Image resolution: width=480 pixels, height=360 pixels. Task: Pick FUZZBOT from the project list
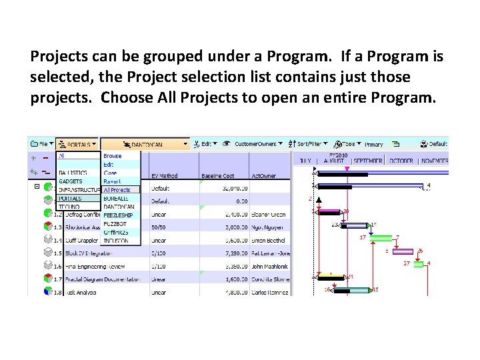click(115, 224)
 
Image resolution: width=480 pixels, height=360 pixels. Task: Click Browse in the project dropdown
click(113, 156)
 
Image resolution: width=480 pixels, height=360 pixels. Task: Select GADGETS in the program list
click(71, 181)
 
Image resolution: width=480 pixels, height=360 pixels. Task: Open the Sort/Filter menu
click(311, 143)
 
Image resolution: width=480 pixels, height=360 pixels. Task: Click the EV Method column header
click(164, 176)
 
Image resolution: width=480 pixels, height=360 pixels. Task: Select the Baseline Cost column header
click(217, 176)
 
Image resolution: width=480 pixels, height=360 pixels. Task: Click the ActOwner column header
click(263, 176)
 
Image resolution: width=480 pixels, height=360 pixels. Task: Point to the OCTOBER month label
click(402, 161)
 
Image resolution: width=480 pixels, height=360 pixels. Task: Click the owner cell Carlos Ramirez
click(270, 291)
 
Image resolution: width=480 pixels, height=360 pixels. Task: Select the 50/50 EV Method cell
click(159, 227)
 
